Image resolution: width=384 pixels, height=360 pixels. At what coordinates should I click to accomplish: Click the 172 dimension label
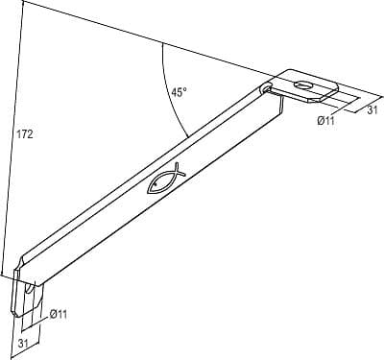25,134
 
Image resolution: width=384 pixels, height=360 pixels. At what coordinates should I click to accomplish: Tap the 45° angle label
179,92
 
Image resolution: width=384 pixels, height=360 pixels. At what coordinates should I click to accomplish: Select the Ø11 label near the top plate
325,121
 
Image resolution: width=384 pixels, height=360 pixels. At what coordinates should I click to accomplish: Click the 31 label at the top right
372,110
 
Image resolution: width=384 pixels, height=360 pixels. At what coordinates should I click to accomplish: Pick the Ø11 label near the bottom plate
59,314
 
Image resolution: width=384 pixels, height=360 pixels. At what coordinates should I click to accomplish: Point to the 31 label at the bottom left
23,344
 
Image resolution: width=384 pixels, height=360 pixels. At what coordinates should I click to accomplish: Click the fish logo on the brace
166,179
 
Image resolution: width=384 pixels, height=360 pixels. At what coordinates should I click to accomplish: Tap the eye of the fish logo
156,184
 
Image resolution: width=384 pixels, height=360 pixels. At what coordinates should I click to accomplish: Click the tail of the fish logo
179,169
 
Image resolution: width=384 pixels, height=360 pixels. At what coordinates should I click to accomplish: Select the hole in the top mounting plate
302,85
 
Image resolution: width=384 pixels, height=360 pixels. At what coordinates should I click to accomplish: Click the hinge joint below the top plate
266,88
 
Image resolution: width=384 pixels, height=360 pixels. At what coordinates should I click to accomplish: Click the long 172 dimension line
12,137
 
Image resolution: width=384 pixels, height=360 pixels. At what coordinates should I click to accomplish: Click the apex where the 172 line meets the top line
24,1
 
